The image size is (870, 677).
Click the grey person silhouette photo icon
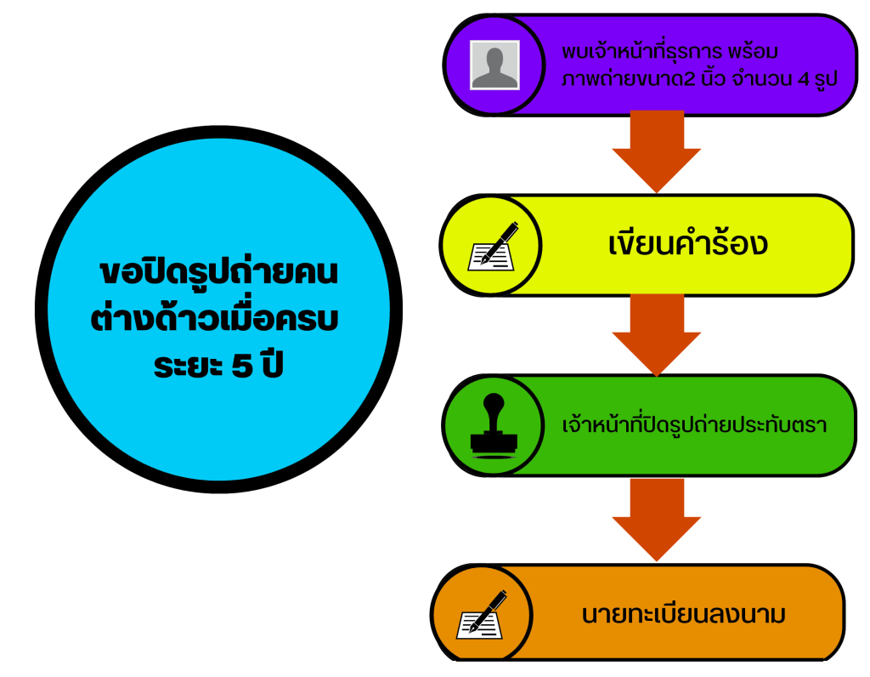(x=494, y=65)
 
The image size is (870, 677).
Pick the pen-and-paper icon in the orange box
(x=482, y=614)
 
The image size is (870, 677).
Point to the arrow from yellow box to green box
(x=656, y=333)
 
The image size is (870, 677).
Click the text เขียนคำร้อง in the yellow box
(x=687, y=244)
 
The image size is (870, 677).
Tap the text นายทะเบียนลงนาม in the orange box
(x=683, y=614)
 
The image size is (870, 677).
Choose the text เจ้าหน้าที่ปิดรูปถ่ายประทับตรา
(x=695, y=425)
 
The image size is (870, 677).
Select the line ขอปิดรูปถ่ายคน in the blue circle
(x=218, y=273)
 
